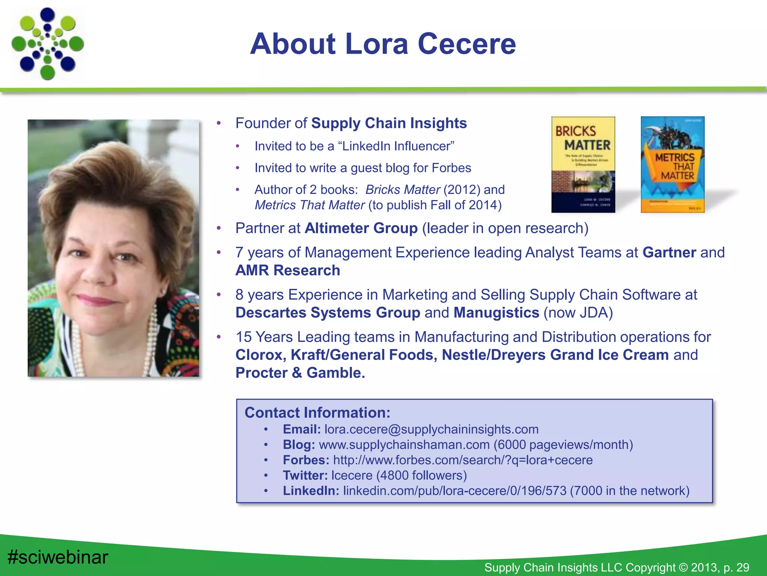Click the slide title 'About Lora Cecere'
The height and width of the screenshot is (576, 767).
point(383,44)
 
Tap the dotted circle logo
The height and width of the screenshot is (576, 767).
point(48,44)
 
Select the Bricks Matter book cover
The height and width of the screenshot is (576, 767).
point(583,165)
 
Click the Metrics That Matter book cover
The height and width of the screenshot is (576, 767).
point(673,165)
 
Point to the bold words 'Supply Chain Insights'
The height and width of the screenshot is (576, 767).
point(389,123)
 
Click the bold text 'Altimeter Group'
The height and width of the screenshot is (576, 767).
point(361,228)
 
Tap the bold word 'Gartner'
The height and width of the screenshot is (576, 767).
point(669,253)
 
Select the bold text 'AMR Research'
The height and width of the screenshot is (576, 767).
point(288,270)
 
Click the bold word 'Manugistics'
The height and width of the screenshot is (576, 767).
point(496,313)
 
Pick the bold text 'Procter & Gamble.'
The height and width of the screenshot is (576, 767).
point(300,373)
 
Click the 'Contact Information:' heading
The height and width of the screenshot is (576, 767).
point(317,413)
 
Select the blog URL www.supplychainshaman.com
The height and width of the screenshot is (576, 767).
point(404,445)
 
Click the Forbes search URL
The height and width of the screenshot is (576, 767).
point(463,460)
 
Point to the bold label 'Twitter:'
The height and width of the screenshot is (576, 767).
point(305,475)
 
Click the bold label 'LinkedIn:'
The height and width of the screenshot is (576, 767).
point(311,491)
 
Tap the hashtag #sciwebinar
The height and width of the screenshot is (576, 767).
point(58,557)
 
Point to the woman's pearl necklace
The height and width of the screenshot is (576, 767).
point(152,337)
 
